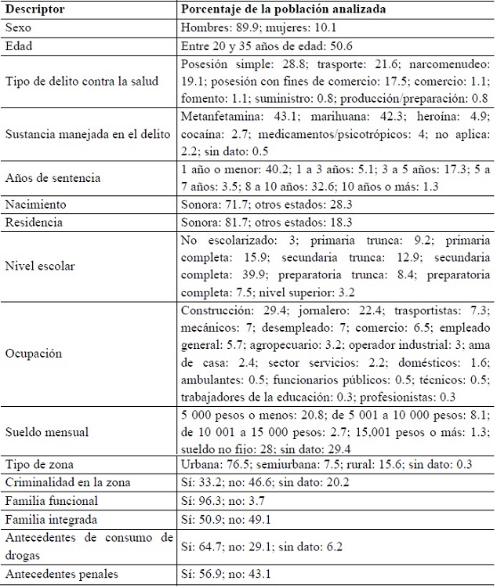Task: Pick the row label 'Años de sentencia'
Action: click(x=53, y=177)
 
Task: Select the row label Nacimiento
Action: click(x=35, y=205)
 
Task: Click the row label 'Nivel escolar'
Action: click(x=40, y=266)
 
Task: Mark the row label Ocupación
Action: click(x=33, y=353)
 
